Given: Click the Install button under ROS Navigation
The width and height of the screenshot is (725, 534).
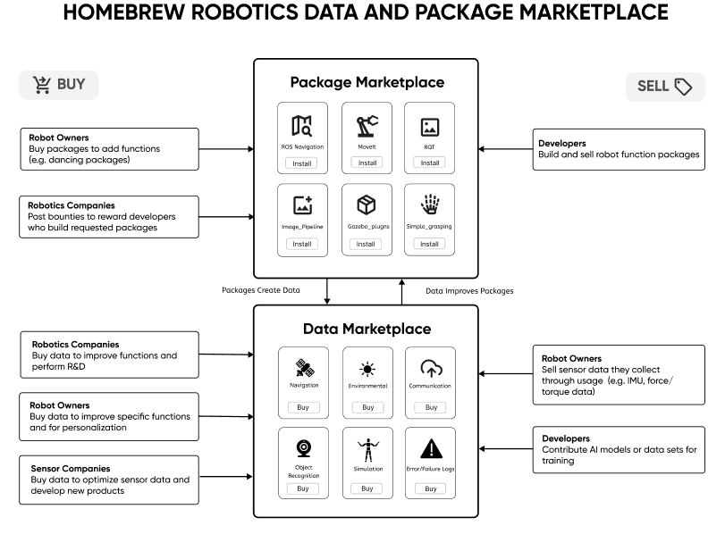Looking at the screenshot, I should pos(302,163).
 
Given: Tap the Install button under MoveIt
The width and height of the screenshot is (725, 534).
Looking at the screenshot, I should pos(367,163).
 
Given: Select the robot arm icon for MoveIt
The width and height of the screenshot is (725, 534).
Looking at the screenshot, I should pos(367,125).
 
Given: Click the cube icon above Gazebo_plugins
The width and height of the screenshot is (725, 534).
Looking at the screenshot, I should pos(367,205).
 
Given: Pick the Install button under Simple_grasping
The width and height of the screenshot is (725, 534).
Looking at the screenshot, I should pos(430,244).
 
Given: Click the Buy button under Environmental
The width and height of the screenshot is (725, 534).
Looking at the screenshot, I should pos(367,407).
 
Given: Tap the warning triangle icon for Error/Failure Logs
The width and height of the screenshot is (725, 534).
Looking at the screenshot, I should pos(431,448).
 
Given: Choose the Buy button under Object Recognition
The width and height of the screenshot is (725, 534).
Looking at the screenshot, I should pos(302,488).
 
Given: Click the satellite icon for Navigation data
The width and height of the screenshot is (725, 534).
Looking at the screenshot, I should pos(303,369).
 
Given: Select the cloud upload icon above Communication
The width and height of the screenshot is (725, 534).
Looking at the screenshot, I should pos(431,368).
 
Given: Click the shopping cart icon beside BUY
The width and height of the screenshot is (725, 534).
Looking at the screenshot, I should pos(42,85).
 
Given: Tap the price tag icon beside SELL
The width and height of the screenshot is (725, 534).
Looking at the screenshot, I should pos(683,87).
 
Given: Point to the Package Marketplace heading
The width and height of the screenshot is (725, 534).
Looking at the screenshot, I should pos(367,82).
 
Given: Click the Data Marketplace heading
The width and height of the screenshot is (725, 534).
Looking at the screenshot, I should pos(367,329).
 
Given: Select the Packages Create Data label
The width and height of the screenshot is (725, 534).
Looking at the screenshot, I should pos(261,290).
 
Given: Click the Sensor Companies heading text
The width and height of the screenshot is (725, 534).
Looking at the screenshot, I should pos(70,468).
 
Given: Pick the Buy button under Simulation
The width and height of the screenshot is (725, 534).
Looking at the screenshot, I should pos(367,488).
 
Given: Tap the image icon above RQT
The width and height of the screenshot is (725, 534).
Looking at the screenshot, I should pos(430,127).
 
